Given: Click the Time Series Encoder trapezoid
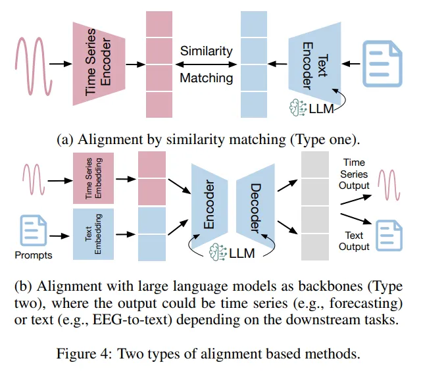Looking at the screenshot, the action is coord(99,64).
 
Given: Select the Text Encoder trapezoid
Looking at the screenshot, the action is coord(314,64).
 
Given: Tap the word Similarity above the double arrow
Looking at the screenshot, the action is coord(206,51).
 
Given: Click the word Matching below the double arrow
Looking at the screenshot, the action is coord(206,78).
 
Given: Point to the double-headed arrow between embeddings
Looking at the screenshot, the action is coord(206,64).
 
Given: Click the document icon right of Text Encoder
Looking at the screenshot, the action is coord(382,64).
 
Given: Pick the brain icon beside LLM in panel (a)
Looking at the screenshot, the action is coord(298,108).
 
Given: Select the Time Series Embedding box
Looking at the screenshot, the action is coord(93,178).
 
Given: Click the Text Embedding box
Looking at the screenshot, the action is coord(93,234).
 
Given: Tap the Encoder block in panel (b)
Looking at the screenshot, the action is coord(209,206).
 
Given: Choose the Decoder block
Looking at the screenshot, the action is coord(255,206).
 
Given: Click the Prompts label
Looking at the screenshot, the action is coord(34,255).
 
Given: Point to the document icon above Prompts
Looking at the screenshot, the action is coord(34,230).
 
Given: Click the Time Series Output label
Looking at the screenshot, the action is coord(354,174).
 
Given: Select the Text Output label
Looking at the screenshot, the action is coord(354,241).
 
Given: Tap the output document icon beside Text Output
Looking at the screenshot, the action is coord(389,235).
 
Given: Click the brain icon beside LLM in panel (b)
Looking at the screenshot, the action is coord(218,252).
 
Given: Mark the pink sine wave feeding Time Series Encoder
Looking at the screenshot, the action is coord(34,66).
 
